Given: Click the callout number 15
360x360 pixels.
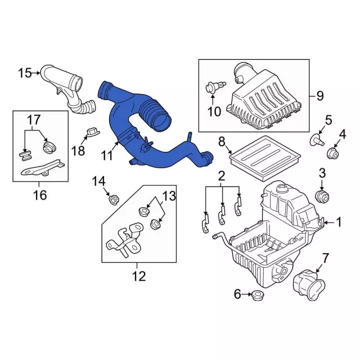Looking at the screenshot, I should tap(25, 73).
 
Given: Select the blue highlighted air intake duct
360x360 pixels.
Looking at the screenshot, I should tap(141, 129).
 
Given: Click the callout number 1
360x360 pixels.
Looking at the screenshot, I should tap(339, 222).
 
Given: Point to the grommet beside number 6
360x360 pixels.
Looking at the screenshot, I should tap(258, 294).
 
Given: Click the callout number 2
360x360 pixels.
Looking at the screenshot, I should tap(222, 175).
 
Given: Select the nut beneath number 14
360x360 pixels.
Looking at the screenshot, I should tap(112, 199).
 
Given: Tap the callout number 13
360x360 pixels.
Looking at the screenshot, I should tap(169, 196).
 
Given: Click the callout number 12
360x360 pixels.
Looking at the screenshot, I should tap(138, 276).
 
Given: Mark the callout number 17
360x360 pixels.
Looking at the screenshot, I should tap(33, 119).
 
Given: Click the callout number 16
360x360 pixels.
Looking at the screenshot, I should tap(40, 195).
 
